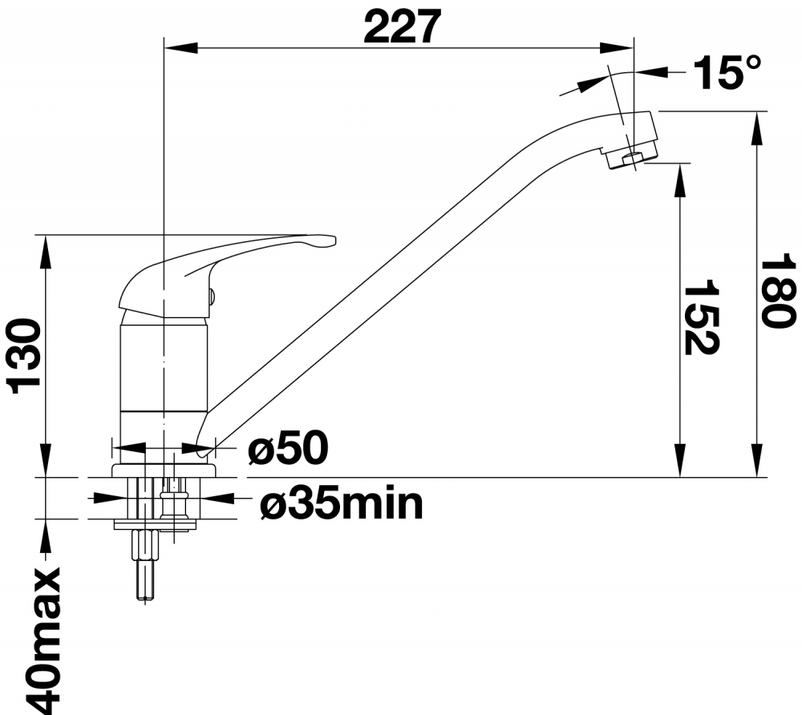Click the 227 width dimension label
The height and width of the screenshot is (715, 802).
(x=402, y=26)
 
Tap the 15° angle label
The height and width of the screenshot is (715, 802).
(x=727, y=73)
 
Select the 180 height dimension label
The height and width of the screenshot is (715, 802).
(x=778, y=293)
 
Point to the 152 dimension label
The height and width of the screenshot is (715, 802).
(x=701, y=317)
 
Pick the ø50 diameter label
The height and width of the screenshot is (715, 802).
(x=288, y=448)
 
